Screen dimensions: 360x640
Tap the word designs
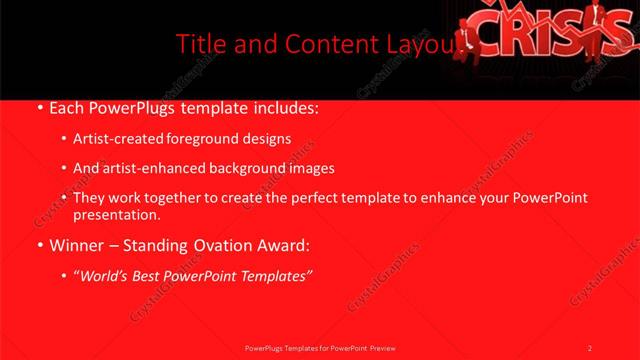click(x=268, y=139)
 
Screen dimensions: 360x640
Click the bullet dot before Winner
click(x=38, y=245)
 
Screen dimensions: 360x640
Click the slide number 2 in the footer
click(x=590, y=347)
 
